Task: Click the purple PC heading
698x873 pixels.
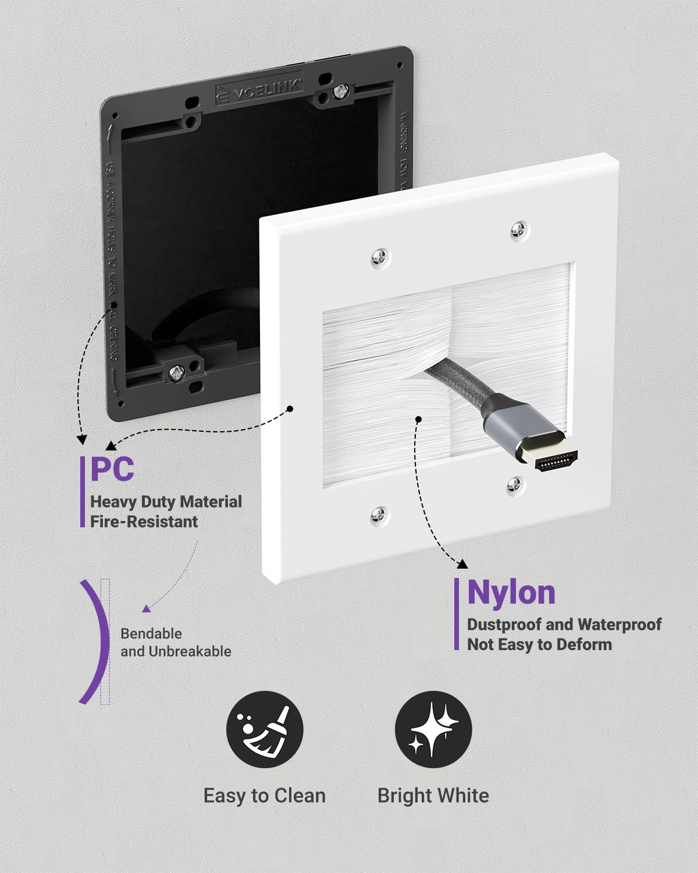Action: pos(112,469)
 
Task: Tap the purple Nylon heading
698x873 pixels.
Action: pos(511,592)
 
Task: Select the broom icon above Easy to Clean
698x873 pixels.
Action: pos(265,729)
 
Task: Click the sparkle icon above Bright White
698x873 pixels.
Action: pos(433,729)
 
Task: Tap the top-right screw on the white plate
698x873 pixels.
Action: pos(519,230)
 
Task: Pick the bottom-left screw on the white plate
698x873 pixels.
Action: pos(379,513)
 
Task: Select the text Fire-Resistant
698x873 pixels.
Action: pos(144,521)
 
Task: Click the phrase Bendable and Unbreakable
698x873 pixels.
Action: pos(175,643)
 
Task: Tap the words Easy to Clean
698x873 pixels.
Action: pos(265,796)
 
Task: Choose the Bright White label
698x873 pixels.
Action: pos(433,796)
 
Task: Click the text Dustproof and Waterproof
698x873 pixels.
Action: pos(564,624)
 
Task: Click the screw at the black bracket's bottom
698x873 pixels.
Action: pos(175,372)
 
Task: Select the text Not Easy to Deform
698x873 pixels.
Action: pos(539,645)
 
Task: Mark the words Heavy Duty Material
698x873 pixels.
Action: pos(166,502)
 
